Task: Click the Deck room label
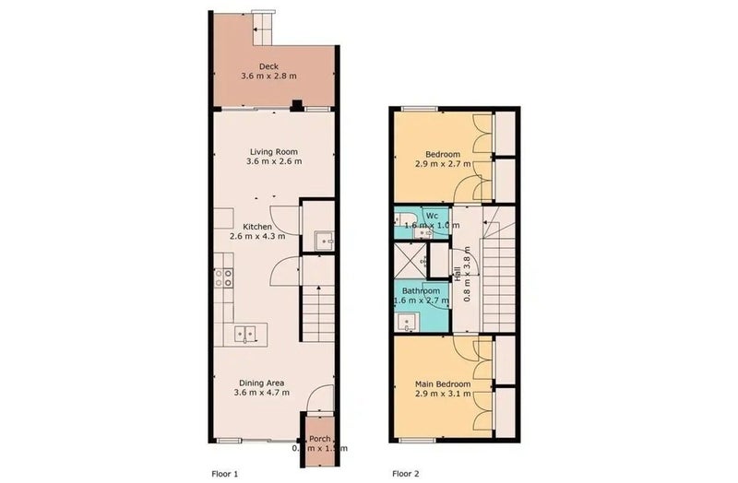point(268,65)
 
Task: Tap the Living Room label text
point(274,151)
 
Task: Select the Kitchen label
point(257,226)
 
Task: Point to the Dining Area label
point(261,383)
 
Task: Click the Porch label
point(319,438)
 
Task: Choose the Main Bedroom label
point(443,383)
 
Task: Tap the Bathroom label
point(422,290)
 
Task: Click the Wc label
point(432,216)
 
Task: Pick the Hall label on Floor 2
point(457,274)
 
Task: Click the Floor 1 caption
point(224,473)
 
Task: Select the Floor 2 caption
point(405,473)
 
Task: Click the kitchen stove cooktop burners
point(223,277)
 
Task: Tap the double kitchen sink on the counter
point(244,333)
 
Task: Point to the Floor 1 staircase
point(317,313)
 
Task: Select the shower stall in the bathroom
point(411,260)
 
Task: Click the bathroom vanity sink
point(407,322)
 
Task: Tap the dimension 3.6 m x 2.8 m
point(268,77)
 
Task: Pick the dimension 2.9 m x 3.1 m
point(443,395)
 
